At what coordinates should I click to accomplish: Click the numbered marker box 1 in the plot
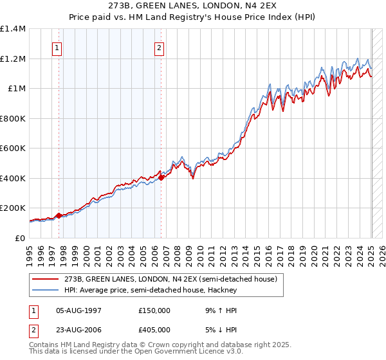57,48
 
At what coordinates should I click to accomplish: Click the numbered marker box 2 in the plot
159,48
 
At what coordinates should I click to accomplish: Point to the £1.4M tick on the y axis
13,29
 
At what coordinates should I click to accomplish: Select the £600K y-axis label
13,148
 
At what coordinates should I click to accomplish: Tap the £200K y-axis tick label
13,208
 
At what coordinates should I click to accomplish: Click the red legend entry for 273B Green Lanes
170,279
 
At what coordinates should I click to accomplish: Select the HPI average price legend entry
151,290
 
